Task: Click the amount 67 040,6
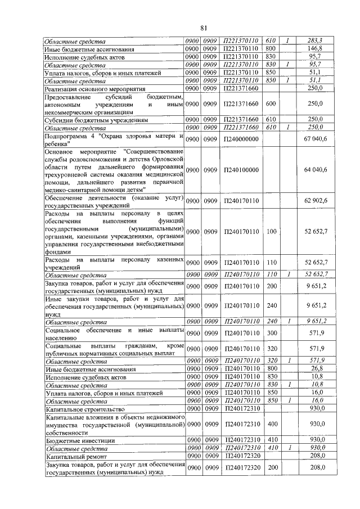pyautogui.click(x=316, y=139)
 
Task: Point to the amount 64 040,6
pyautogui.click(x=316, y=170)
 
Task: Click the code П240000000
pyautogui.click(x=241, y=139)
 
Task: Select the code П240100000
pyautogui.click(x=241, y=170)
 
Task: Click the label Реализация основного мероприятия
pyautogui.click(x=93, y=88)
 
